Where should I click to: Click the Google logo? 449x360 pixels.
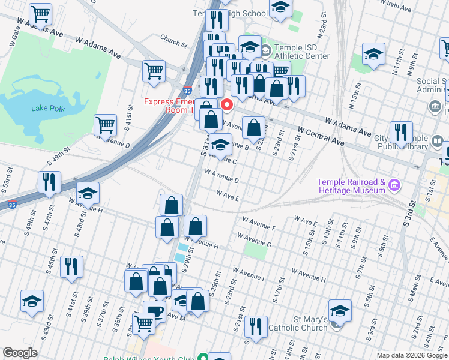coord(20,353)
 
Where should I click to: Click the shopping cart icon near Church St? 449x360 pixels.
coord(154,71)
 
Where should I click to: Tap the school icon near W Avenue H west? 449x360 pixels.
coord(88,193)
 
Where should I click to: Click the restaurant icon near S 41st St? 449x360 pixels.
coord(71,266)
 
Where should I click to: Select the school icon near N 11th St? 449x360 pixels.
coord(373,54)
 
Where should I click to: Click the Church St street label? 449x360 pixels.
coord(173,41)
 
